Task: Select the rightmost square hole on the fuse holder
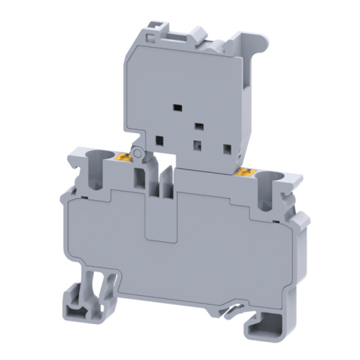coord(227,150)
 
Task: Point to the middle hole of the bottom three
coord(196,144)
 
